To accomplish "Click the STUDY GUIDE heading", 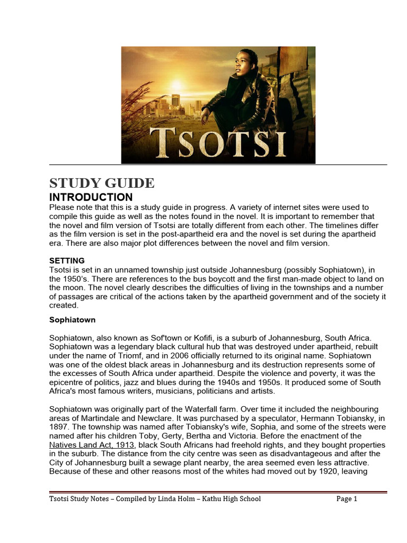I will [x=102, y=183].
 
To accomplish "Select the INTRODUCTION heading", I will [x=91, y=197].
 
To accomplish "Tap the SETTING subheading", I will [x=67, y=261].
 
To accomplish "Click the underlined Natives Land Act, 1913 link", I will [x=93, y=445].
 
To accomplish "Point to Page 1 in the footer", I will [x=347, y=498].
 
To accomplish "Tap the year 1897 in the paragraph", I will [x=58, y=427].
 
